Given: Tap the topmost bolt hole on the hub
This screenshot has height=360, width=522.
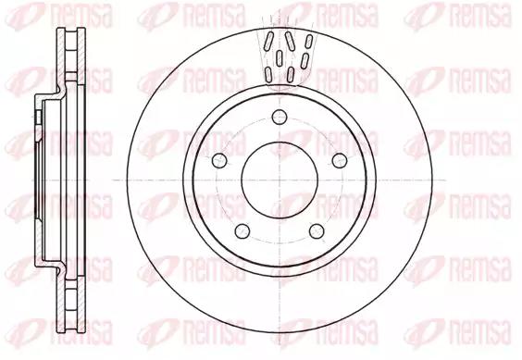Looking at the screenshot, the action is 280,117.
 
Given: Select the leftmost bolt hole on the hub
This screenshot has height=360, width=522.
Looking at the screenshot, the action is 219,160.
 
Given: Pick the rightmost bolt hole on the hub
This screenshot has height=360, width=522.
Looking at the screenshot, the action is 340,160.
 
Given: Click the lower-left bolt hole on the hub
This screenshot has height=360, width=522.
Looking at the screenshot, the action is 242,231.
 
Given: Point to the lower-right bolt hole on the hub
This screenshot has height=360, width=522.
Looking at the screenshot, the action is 317,231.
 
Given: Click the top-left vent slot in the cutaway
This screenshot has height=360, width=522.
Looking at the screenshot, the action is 269,42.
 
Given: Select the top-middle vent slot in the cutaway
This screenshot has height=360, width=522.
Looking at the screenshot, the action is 290,41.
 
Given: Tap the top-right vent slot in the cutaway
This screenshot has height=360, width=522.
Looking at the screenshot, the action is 309,42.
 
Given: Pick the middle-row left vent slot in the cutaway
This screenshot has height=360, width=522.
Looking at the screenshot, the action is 280,58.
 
